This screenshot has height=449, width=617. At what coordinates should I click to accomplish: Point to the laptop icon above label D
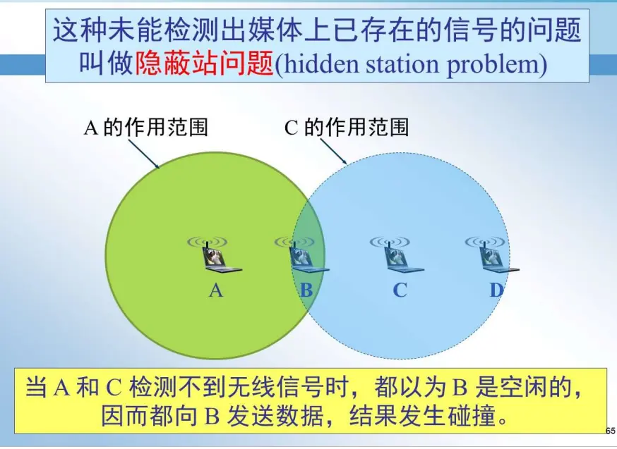(497, 259)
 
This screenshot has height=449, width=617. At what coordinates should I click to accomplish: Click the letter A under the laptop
(216, 290)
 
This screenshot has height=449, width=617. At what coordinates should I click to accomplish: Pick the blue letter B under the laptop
(306, 290)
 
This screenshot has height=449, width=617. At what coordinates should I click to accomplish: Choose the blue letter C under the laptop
(400, 290)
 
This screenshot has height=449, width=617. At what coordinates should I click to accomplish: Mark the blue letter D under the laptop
(496, 290)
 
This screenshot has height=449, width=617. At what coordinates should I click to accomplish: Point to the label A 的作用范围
(145, 128)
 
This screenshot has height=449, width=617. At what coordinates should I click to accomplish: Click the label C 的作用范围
(346, 128)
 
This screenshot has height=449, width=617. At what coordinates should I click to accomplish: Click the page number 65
(611, 430)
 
